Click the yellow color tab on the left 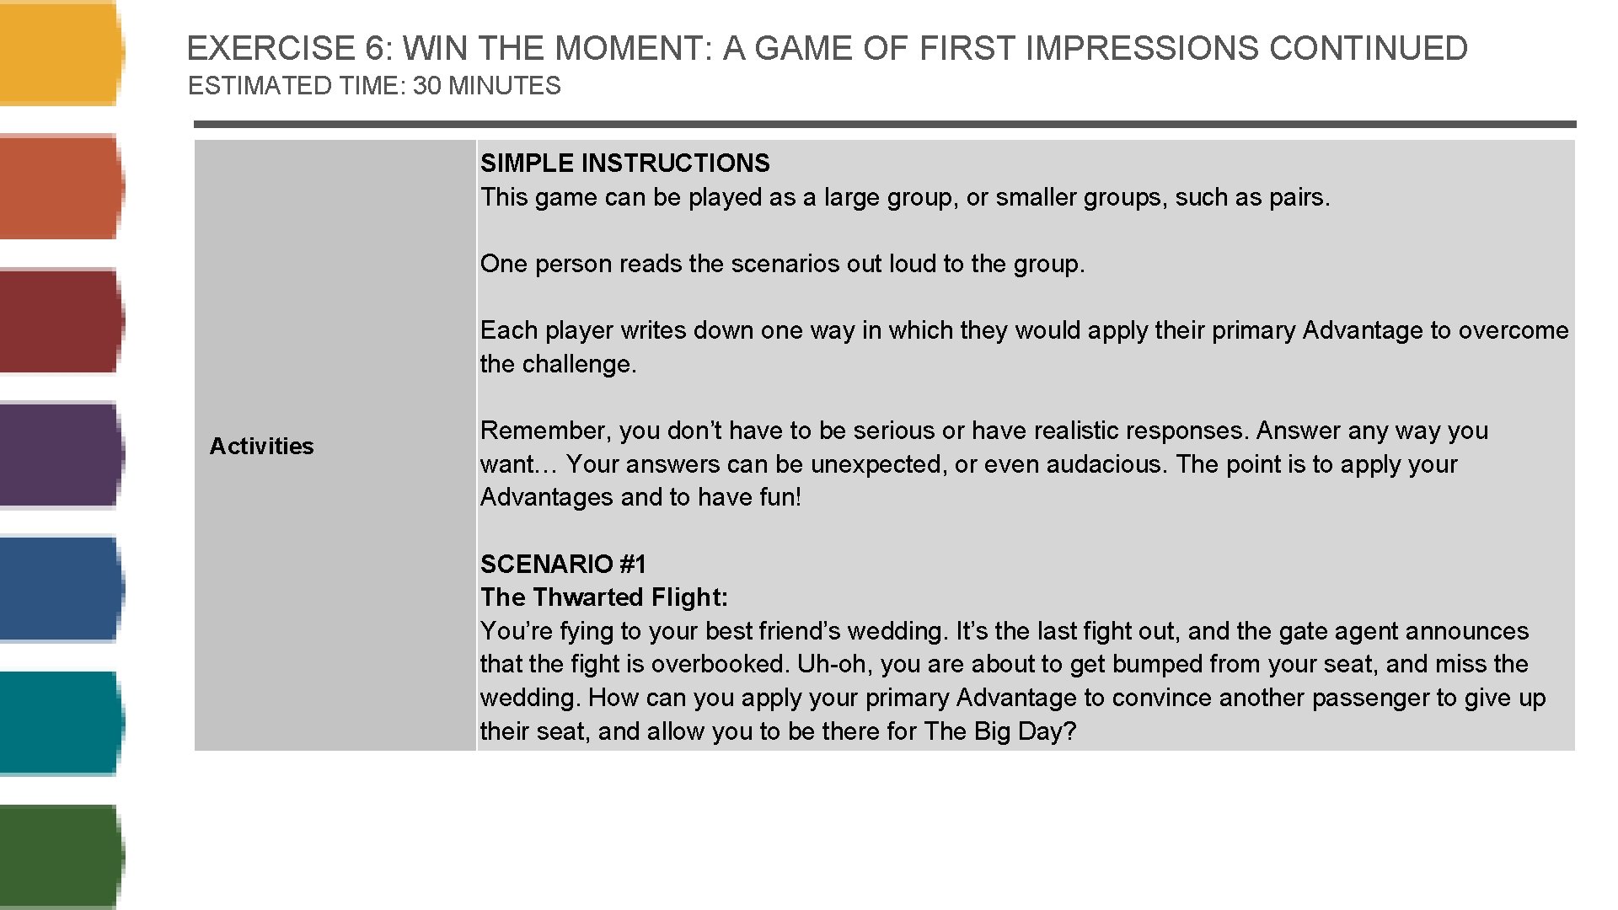[x=59, y=53]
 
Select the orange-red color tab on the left [x=59, y=187]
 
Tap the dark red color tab [x=59, y=321]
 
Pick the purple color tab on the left [x=59, y=455]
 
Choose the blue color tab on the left [x=59, y=589]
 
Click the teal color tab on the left [x=59, y=723]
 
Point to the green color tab [x=59, y=856]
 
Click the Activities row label [x=261, y=446]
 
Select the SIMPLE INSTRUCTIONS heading [x=624, y=163]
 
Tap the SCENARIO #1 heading [x=563, y=564]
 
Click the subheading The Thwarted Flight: [x=603, y=597]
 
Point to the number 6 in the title [x=374, y=49]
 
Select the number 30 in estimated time [x=427, y=86]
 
